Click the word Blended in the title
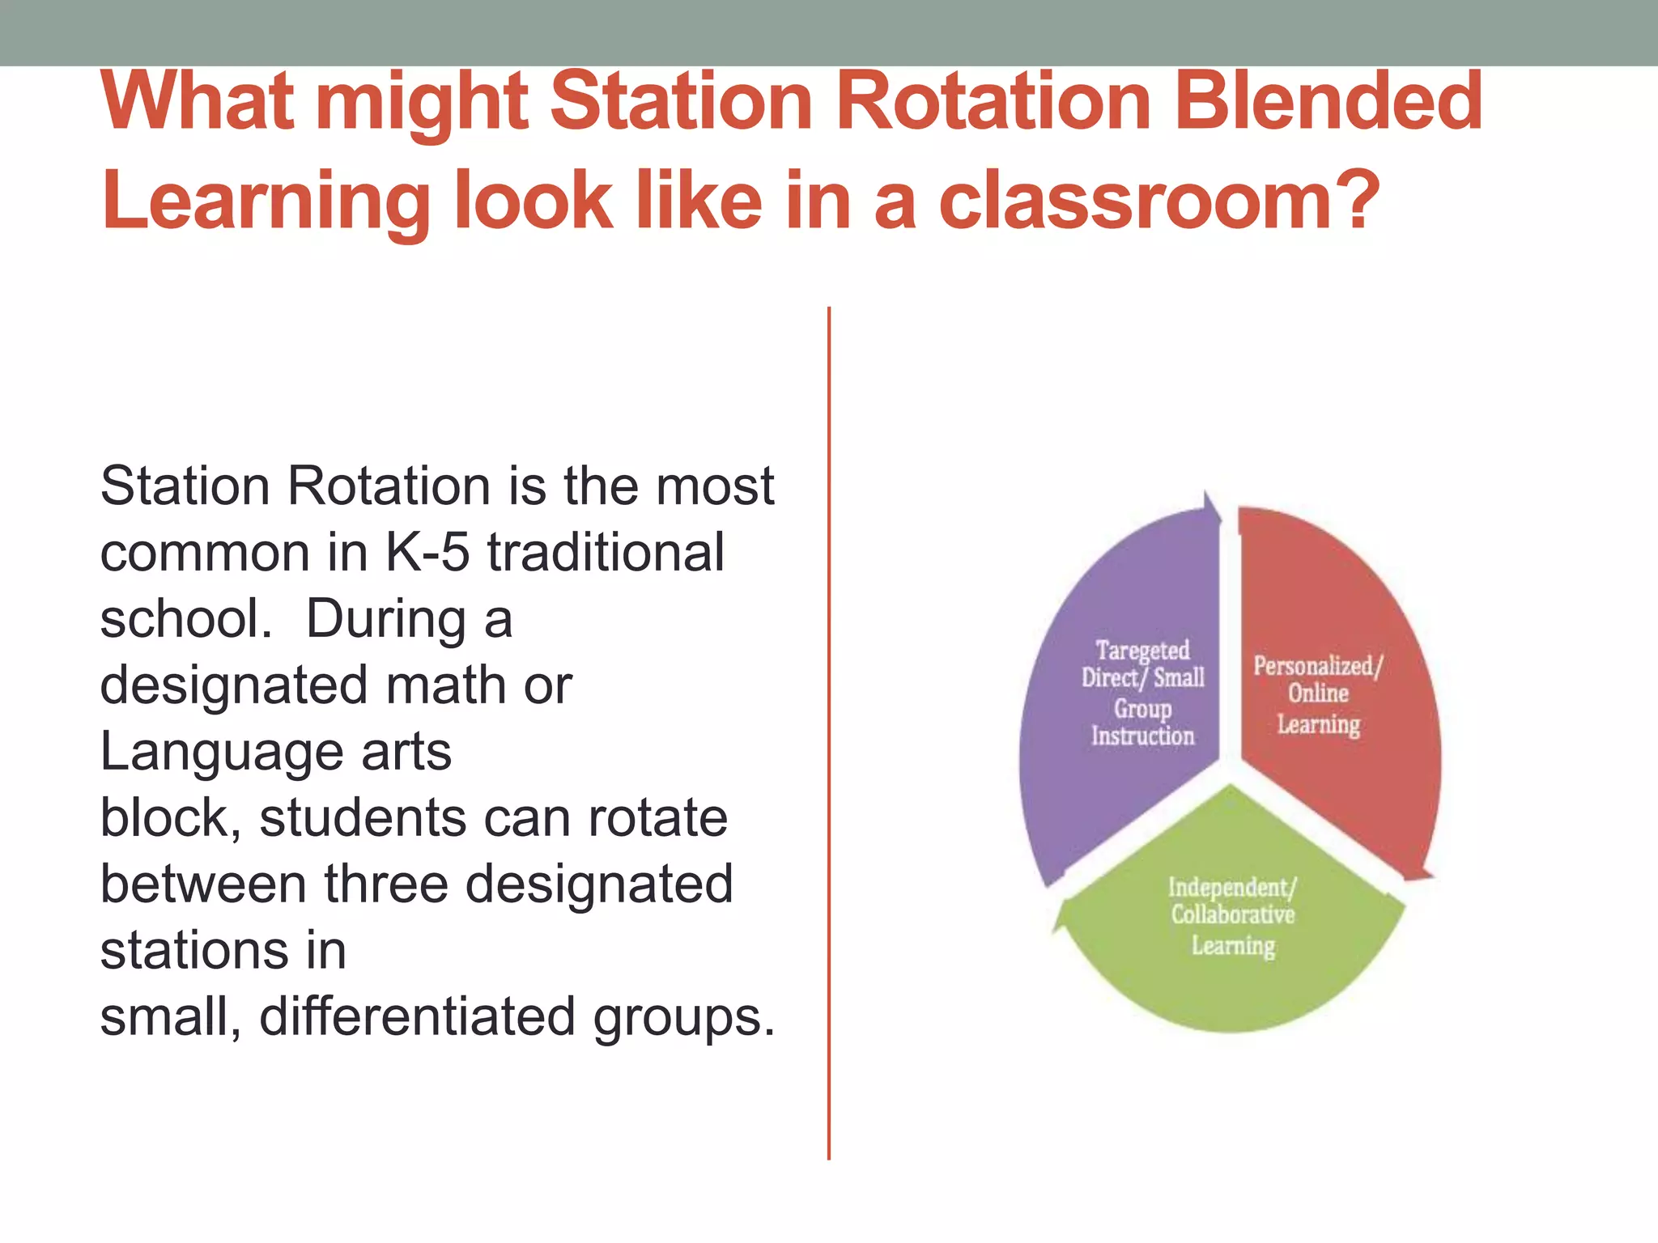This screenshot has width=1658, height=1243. coord(1328,102)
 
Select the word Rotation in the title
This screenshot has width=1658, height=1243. coord(993,102)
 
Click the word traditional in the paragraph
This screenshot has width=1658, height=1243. coord(606,553)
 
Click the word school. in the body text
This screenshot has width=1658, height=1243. coord(186,619)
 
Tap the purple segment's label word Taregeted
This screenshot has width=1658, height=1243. coord(1142,651)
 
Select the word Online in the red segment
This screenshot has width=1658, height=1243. coord(1318,694)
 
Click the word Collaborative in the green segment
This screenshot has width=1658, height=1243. coord(1232,915)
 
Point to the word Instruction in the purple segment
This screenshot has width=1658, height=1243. coord(1142,736)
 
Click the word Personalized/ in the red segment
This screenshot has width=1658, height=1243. coord(1318,666)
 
